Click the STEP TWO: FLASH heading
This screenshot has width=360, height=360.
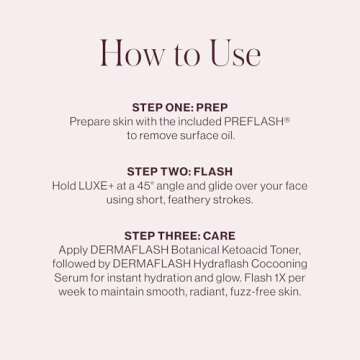180,172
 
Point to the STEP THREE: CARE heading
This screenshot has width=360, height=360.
180,236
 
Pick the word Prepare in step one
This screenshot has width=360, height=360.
91,120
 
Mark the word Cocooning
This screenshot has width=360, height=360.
279,264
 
